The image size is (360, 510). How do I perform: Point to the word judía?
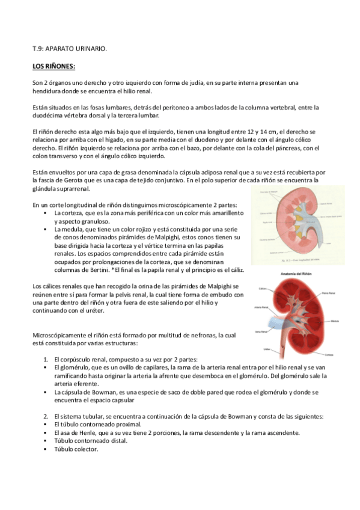click(x=195, y=82)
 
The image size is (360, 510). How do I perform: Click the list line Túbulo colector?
click(x=75, y=449)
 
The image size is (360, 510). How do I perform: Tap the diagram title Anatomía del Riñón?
click(x=295, y=273)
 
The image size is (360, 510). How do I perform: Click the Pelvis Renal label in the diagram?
click(x=328, y=293)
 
